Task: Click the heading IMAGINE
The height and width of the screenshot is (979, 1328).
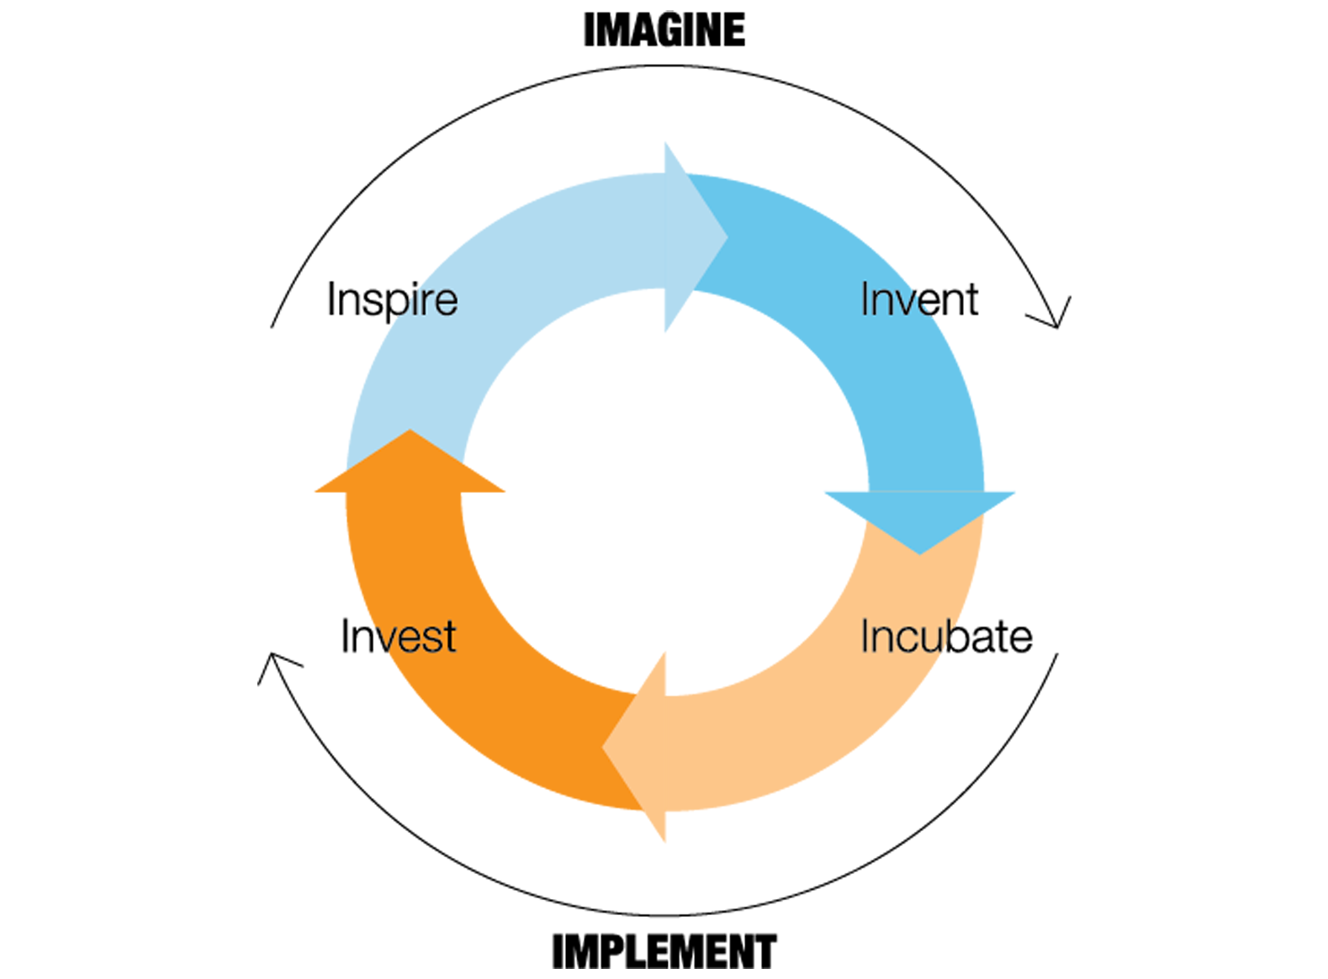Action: coord(664,30)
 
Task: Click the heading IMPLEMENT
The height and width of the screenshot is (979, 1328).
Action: coord(664,951)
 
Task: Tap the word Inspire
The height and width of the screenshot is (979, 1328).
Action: coord(392,299)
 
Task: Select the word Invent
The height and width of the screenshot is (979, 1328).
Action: coord(919,299)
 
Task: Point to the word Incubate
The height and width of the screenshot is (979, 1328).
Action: coord(945,637)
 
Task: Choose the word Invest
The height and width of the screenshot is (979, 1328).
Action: coord(398,637)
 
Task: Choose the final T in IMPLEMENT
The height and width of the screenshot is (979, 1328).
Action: coord(764,951)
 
